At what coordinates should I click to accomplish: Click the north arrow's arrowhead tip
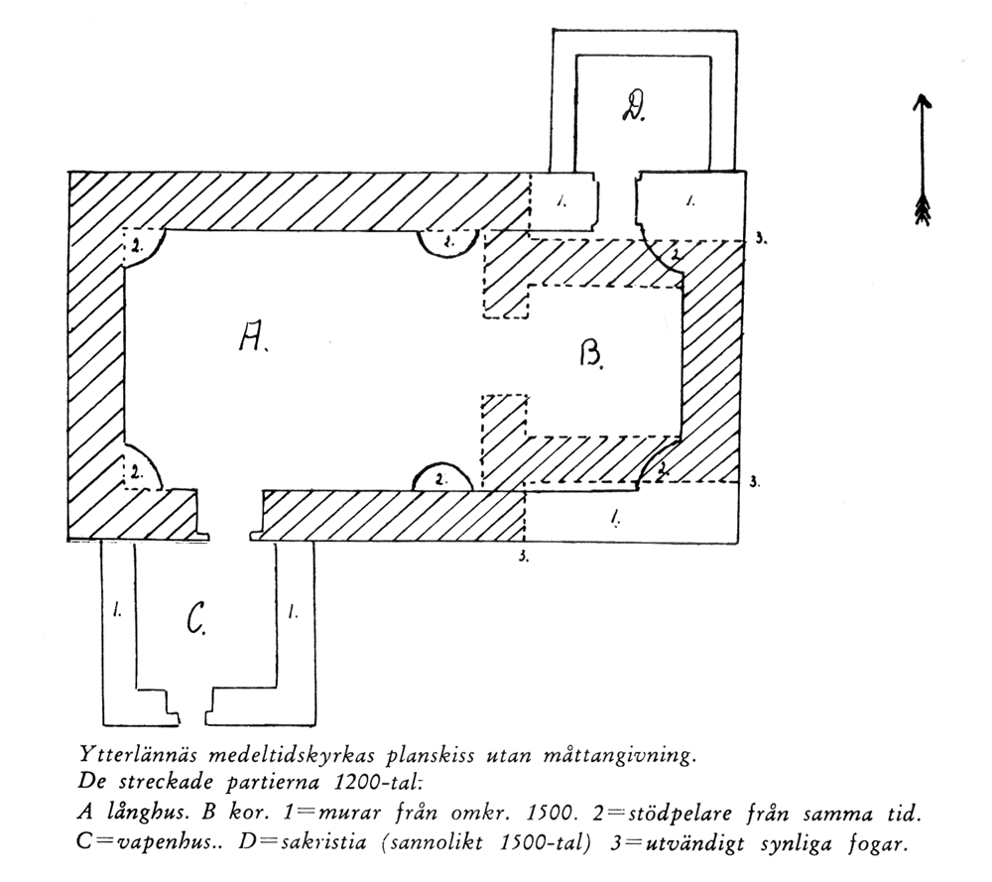pyautogui.click(x=923, y=95)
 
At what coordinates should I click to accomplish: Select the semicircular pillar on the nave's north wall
pyautogui.click(x=448, y=244)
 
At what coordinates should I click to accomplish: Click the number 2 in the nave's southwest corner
pyautogui.click(x=136, y=471)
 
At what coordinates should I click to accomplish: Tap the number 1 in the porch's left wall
pyautogui.click(x=117, y=610)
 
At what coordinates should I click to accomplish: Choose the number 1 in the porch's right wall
pyautogui.click(x=293, y=611)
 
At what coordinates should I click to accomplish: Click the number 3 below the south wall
pyautogui.click(x=524, y=558)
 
